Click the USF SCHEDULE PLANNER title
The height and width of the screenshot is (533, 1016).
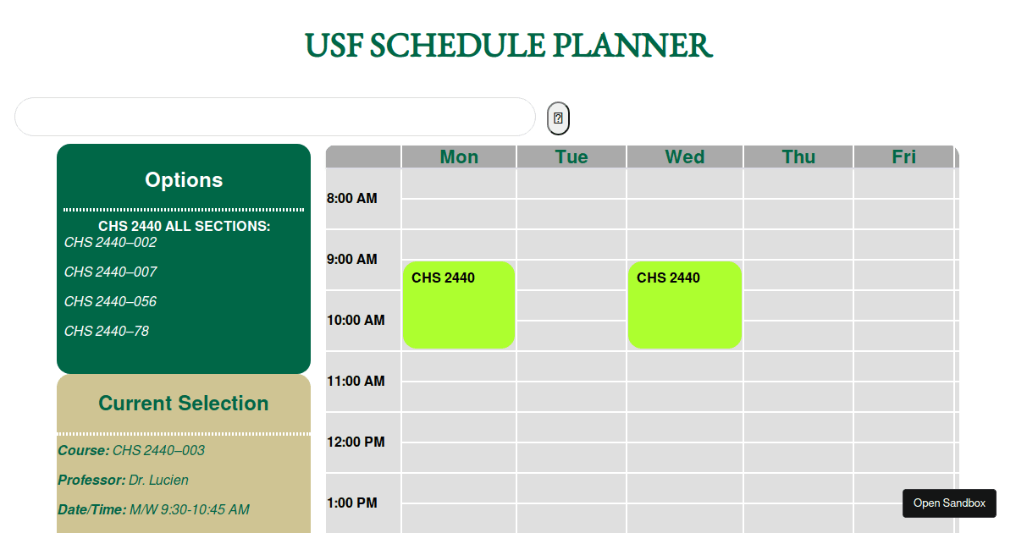(x=508, y=46)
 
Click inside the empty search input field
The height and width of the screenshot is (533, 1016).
(x=275, y=117)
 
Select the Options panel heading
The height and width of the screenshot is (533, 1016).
(x=184, y=180)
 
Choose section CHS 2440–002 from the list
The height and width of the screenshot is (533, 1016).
(x=111, y=243)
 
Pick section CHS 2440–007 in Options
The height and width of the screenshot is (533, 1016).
(x=111, y=272)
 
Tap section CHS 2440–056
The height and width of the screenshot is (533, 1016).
(x=111, y=302)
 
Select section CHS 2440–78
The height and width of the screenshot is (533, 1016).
(x=107, y=332)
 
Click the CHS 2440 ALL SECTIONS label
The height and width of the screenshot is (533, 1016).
(x=184, y=227)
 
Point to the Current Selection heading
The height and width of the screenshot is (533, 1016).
(x=184, y=404)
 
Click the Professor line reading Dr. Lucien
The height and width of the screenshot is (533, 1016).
(x=124, y=481)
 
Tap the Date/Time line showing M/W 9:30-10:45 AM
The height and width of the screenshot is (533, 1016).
(x=153, y=510)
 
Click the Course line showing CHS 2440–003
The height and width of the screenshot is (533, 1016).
(x=131, y=451)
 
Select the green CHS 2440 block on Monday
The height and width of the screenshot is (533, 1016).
(x=459, y=305)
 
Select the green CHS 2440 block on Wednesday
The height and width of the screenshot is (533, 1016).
(x=684, y=305)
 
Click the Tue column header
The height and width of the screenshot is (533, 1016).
(x=571, y=157)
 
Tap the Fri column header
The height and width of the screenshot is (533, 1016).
(x=903, y=157)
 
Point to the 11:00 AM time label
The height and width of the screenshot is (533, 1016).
(x=356, y=382)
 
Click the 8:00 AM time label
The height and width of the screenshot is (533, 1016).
(x=352, y=199)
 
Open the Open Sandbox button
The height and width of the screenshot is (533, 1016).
(x=949, y=503)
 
